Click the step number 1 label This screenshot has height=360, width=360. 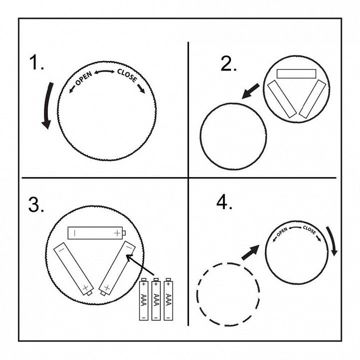[36, 62]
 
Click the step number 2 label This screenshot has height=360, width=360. [228, 63]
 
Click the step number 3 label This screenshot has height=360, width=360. [36, 204]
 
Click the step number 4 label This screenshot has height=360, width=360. [224, 202]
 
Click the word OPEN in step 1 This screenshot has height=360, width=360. [83, 78]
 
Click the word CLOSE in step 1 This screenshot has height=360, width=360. [127, 75]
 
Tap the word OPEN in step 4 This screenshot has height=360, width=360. [281, 231]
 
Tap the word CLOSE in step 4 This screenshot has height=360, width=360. [309, 230]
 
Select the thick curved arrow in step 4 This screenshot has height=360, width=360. [332, 241]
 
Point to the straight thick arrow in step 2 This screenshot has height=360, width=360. [250, 91]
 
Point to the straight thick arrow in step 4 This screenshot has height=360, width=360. [250, 252]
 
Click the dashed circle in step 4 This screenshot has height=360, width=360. [197, 294]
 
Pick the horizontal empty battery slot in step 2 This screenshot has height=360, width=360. [296, 73]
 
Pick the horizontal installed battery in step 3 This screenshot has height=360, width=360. [96, 233]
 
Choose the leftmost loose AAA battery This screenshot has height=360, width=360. [143, 299]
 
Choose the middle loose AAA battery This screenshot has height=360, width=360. [156, 299]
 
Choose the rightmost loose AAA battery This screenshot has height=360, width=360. [168, 299]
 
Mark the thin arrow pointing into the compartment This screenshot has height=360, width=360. [140, 264]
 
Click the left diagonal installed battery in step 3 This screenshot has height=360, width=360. [73, 269]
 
